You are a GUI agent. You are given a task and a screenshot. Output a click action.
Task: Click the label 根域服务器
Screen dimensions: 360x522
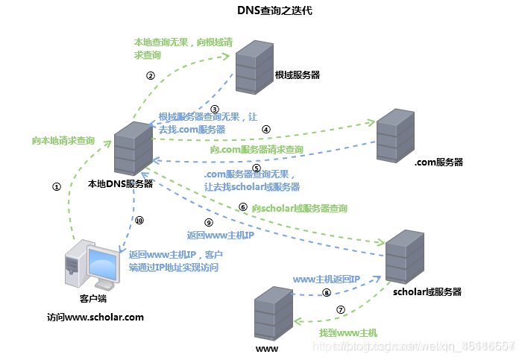tap(297, 75)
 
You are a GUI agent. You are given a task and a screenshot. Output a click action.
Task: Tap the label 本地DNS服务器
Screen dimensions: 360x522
tap(120, 183)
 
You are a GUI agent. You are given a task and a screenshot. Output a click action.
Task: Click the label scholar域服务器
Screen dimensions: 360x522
tap(427, 291)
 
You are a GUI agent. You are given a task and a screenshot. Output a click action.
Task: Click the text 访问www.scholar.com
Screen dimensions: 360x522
tap(95, 317)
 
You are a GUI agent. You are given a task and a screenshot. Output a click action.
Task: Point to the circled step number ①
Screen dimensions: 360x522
tap(55, 187)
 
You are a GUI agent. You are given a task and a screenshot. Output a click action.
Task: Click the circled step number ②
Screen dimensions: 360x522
tap(150, 75)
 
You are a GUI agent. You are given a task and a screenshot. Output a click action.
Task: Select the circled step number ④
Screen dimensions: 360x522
tap(265, 128)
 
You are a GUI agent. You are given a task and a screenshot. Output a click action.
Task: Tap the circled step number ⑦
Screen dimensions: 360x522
tap(341, 310)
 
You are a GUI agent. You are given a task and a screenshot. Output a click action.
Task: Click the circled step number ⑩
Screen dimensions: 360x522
tap(139, 221)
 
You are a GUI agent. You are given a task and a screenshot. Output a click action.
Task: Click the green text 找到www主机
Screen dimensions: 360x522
tap(348, 332)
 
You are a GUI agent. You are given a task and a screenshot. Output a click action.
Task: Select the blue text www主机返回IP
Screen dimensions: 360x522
tap(327, 279)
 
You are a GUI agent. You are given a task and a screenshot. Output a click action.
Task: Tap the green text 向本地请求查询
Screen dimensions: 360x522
tap(63, 140)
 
